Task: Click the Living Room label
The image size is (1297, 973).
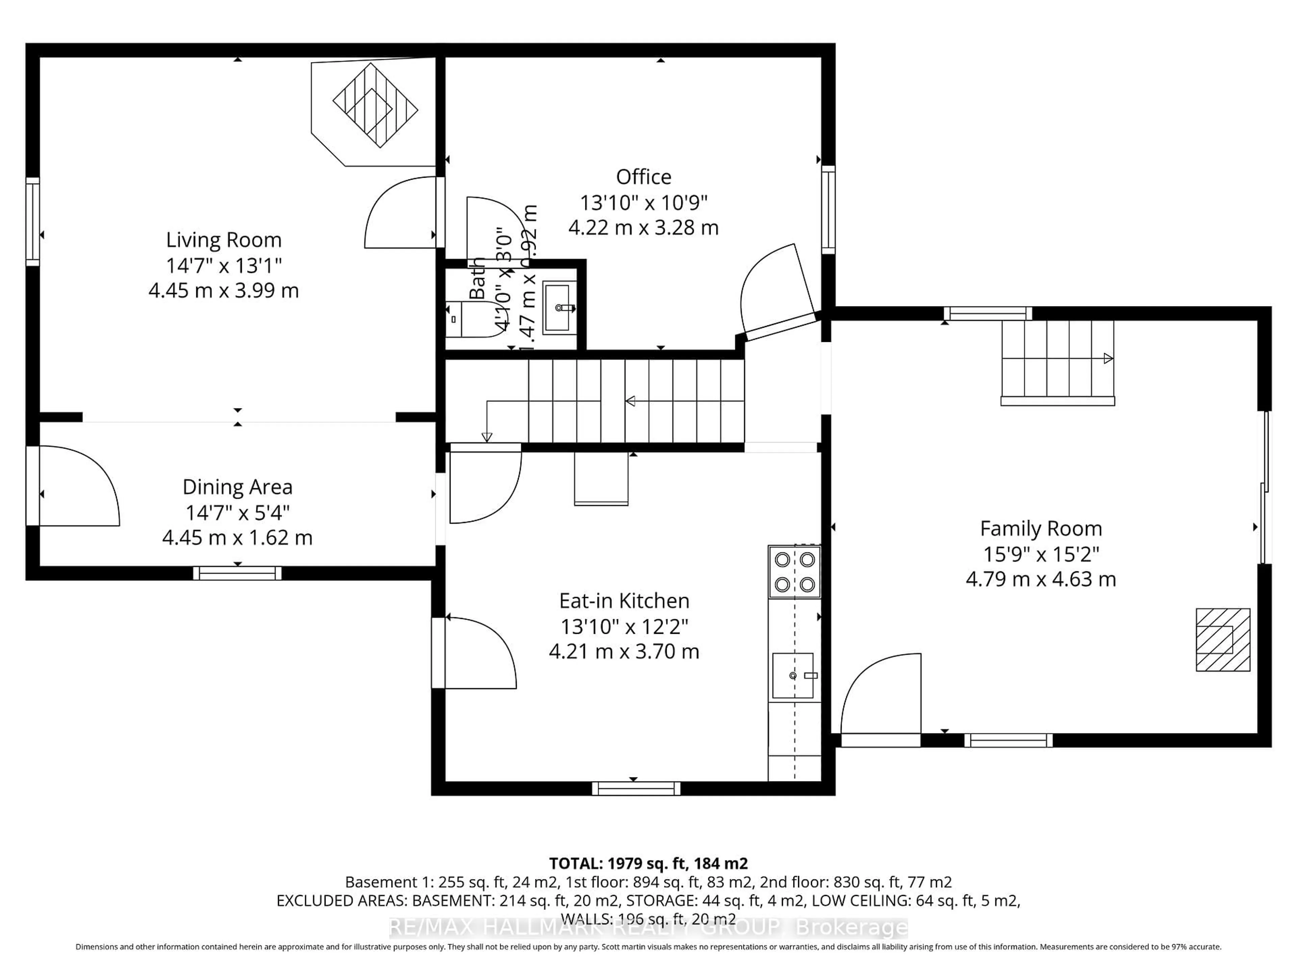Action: coord(223,240)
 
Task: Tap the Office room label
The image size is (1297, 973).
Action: coord(643,177)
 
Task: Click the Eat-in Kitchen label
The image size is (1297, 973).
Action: coord(624,601)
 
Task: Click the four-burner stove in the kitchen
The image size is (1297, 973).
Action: coord(794,572)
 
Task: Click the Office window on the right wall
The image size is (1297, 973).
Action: coord(828,210)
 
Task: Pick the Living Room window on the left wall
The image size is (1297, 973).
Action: coord(33,222)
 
